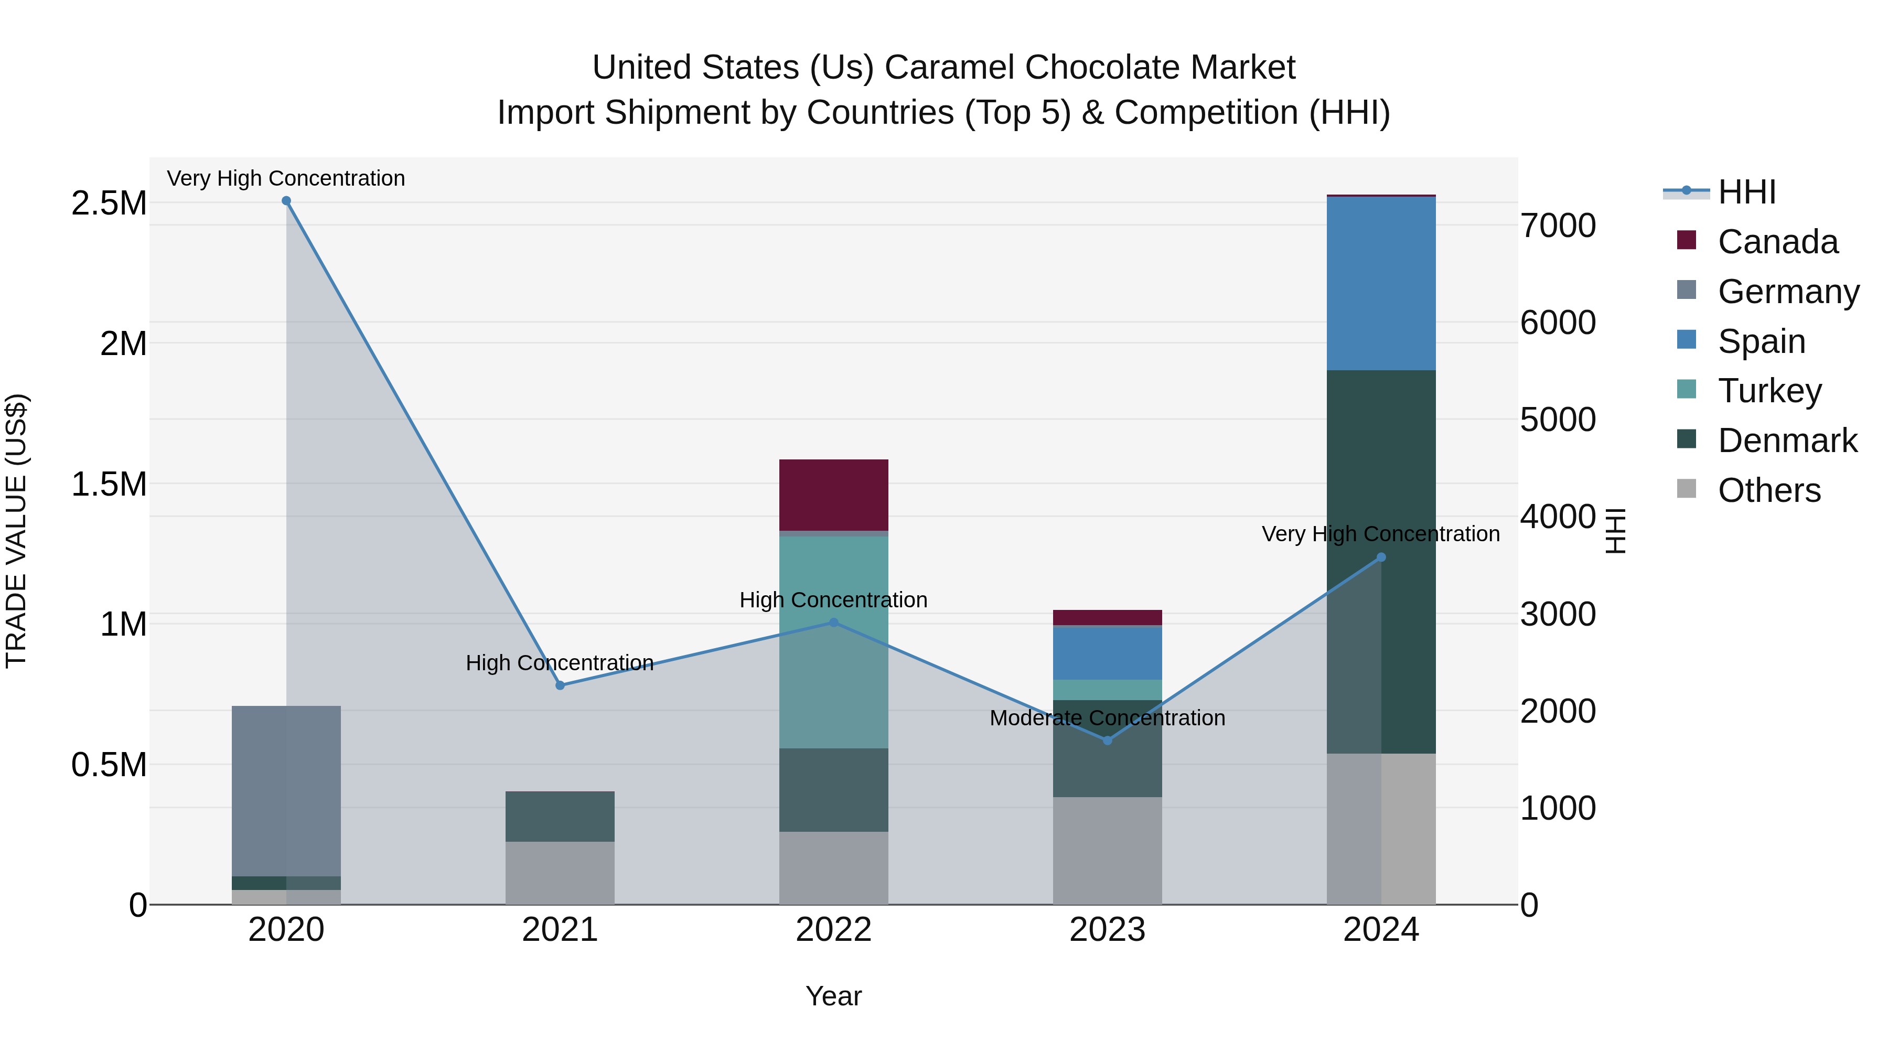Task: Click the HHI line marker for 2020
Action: tap(286, 201)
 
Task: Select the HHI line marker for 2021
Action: tap(560, 685)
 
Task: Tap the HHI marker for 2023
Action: tap(1108, 740)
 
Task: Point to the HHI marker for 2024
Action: tap(1381, 557)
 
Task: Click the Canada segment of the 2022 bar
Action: tap(833, 495)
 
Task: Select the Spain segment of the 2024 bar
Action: tap(1381, 284)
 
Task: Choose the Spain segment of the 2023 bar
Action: tap(1108, 653)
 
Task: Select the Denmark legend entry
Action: tap(1786, 441)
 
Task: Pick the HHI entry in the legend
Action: tap(1746, 192)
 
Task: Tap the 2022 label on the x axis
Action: tap(833, 929)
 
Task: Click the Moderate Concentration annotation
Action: tap(1108, 717)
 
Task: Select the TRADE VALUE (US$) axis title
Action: tap(16, 531)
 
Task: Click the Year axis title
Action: tap(833, 996)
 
